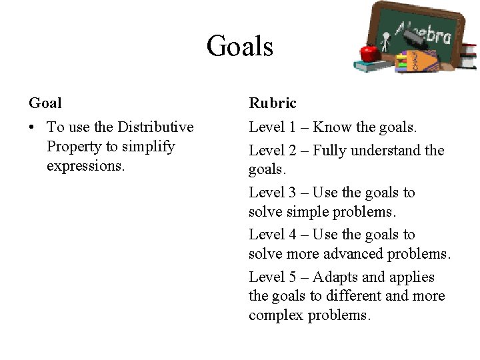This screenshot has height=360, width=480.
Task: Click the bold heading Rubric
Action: [x=273, y=103]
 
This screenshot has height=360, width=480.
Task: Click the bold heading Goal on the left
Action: [x=45, y=103]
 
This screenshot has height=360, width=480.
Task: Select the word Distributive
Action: [x=155, y=127]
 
